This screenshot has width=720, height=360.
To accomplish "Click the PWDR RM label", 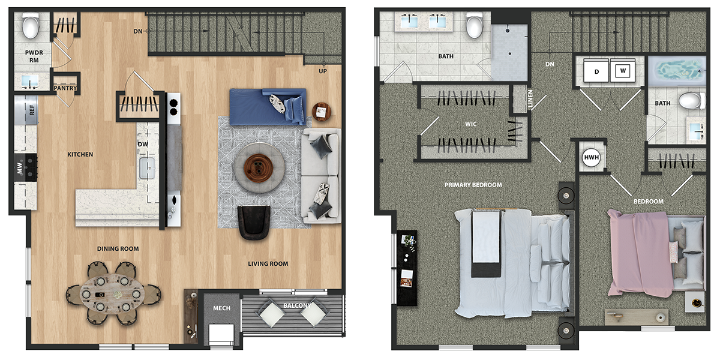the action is pos(34,56).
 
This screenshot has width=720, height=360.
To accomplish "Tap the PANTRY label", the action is pos(65,88).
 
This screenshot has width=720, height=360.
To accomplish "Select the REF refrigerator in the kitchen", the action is pos(26,110).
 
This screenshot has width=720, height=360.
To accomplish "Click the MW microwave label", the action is pos(20,168).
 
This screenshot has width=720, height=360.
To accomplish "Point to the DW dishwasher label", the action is pos(143,144).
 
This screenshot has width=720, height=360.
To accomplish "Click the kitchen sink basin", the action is pos(147,168).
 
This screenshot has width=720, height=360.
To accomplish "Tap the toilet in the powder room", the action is pos(31,25).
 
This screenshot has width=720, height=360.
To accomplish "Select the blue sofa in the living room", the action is pos(268,107).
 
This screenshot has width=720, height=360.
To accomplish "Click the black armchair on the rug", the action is pos(254,223).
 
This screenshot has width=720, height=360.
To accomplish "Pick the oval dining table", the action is pos(112,294).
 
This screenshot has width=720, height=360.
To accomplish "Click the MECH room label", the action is pos(222,308).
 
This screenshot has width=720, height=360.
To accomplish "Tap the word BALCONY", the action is pos(298,305).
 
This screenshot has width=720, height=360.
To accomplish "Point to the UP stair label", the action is pos(323,71).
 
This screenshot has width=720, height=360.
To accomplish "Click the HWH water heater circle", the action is pos(592,157).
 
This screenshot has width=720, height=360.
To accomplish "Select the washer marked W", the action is pos(623,70).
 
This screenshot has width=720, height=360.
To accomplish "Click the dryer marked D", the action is pos(596,71).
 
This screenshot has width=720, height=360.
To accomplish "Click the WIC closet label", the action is pos(471,124).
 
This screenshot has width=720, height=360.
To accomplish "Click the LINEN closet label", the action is pos(530,98).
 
